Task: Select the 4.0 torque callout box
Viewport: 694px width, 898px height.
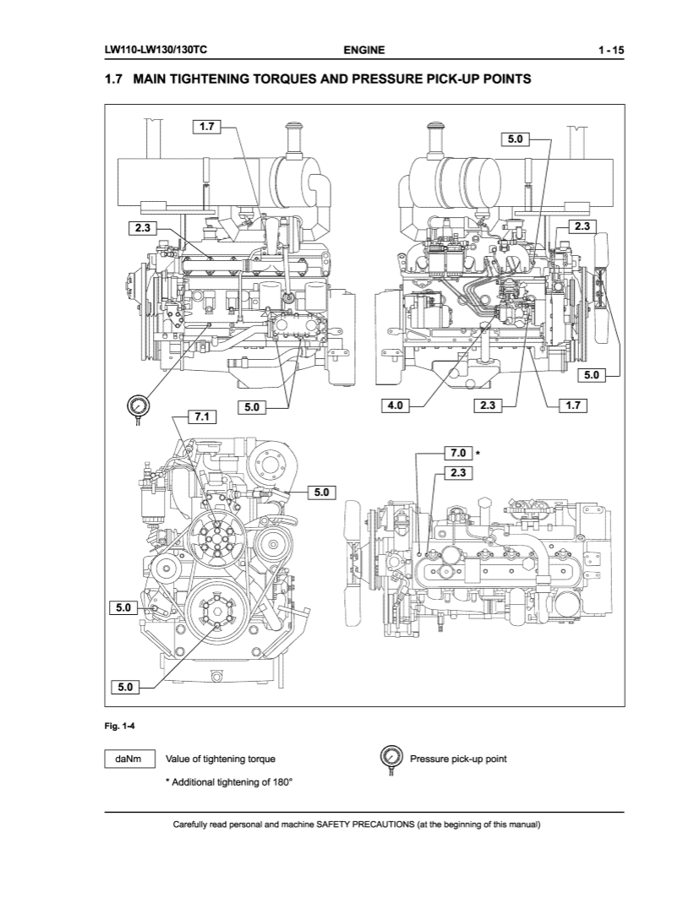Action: pos(395,406)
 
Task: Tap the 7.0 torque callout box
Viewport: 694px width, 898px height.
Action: pos(457,454)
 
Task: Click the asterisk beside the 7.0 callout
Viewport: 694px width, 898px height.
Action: pos(478,454)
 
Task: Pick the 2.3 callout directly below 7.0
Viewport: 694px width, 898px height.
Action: pos(457,472)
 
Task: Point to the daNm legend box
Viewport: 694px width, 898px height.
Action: pos(129,759)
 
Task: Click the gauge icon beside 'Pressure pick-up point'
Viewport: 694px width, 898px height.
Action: pos(391,758)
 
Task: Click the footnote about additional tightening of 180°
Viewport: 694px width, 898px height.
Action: pos(228,781)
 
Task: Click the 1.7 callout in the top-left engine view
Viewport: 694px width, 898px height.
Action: pos(205,128)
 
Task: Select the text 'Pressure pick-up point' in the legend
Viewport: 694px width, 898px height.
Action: pos(458,759)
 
